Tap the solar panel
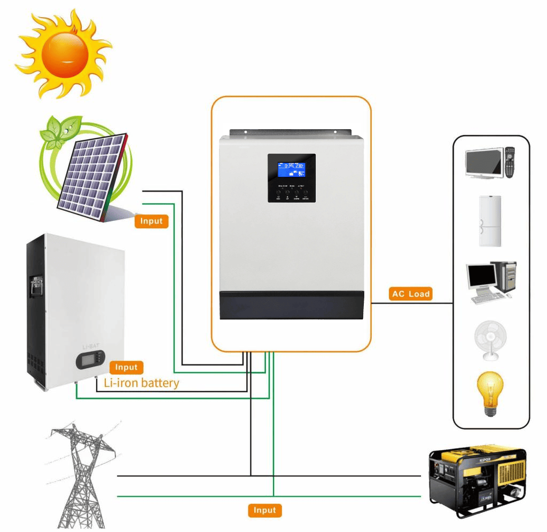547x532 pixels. pos(91,176)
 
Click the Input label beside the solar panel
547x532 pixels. pos(152,220)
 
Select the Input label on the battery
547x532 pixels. pos(127,367)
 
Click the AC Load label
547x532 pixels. pos(411,294)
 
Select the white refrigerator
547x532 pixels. pos(490,221)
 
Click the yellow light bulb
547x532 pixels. pos(489,392)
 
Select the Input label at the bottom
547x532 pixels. pos(264,510)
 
